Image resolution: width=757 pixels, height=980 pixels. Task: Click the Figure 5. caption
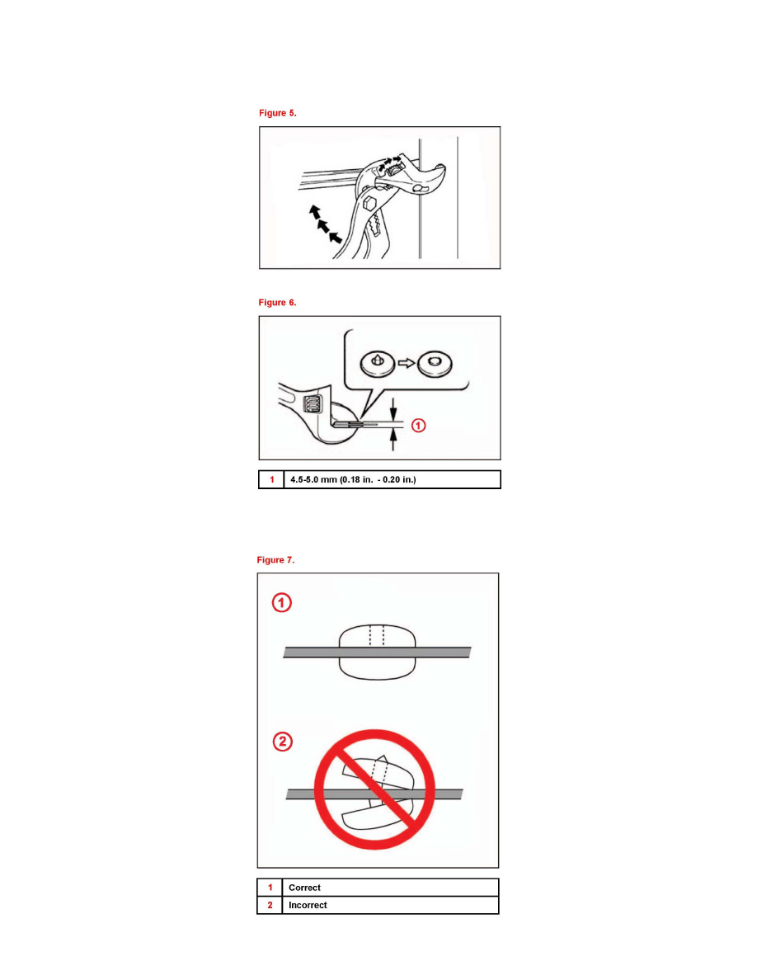(277, 113)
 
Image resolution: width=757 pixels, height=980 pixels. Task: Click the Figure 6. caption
(277, 303)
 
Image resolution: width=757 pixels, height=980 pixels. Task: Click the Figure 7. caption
(275, 560)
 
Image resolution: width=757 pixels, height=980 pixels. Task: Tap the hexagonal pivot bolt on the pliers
(369, 202)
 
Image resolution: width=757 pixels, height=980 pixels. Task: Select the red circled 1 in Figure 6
(418, 426)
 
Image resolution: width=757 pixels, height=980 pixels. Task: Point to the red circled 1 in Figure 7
(282, 602)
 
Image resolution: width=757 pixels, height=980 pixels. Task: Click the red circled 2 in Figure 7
(282, 742)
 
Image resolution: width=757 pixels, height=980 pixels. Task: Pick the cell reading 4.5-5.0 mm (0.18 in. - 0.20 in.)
(393, 479)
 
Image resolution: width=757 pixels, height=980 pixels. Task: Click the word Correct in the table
(304, 888)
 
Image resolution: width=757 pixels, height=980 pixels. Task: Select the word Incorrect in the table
(308, 905)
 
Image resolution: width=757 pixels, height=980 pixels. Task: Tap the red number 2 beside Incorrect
(270, 905)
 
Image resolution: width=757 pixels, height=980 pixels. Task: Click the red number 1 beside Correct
(270, 888)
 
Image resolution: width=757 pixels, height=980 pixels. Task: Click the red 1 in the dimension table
(271, 479)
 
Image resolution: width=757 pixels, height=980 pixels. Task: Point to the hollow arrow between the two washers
(407, 363)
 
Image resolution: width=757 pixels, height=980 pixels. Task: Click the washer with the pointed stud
(378, 364)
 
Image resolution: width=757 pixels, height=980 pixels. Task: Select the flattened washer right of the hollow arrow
(435, 365)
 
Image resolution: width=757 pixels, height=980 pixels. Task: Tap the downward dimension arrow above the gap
(393, 410)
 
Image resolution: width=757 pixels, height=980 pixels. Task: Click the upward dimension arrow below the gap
(393, 440)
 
